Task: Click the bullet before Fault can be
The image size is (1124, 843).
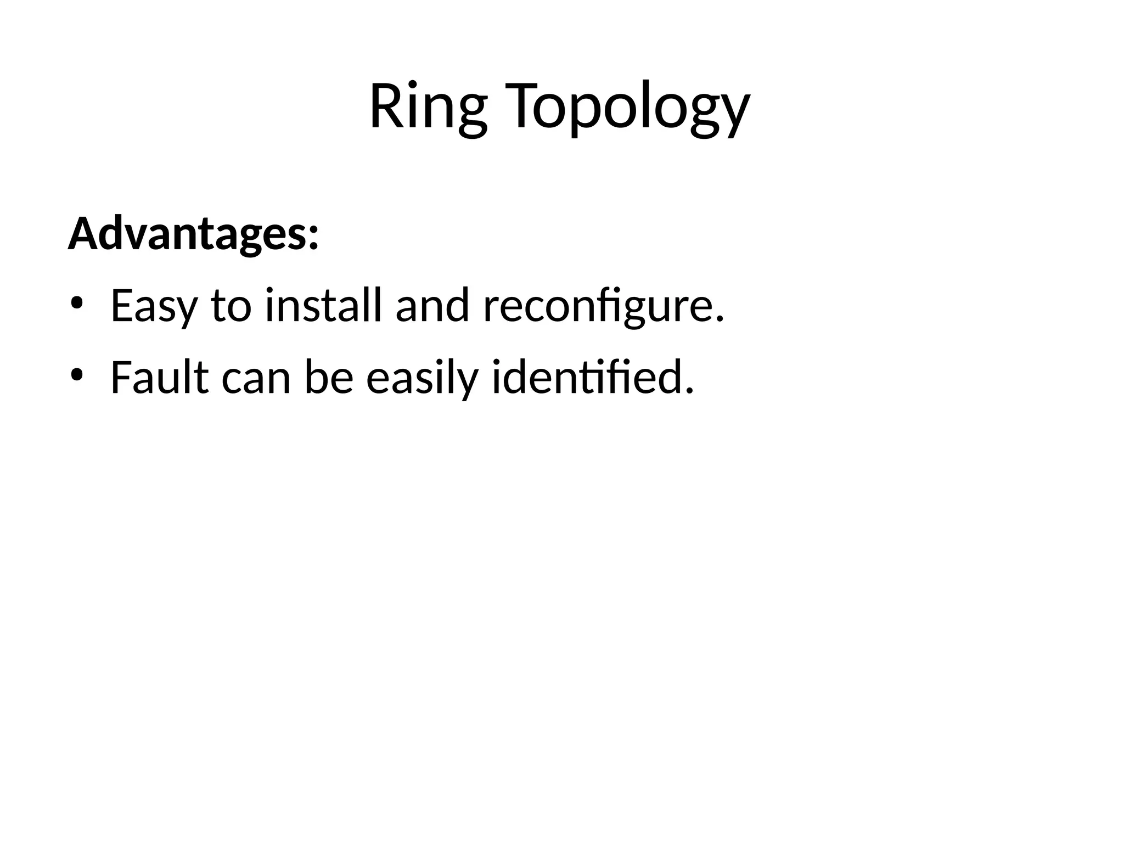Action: coord(77,375)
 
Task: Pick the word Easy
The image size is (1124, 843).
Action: coord(153,306)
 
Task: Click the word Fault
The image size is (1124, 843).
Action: coord(160,378)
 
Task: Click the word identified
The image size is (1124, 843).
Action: coord(587,378)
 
